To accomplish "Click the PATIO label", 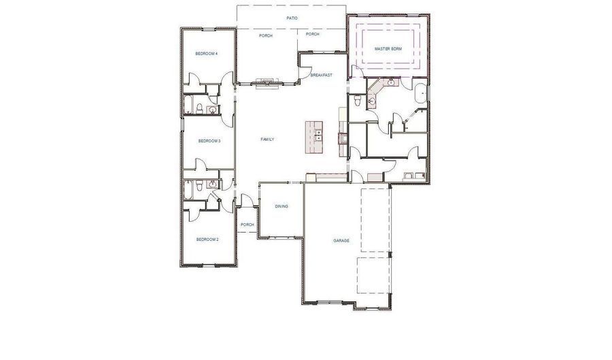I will [x=292, y=18].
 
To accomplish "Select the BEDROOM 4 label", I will [x=207, y=54].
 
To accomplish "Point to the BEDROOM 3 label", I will [x=209, y=141].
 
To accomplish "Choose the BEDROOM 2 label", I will [x=207, y=240].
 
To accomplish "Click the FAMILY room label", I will [x=267, y=140].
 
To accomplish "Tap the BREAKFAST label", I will [x=322, y=75].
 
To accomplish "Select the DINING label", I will [x=282, y=206].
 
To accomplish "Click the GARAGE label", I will [x=341, y=241].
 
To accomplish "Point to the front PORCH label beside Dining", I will [x=248, y=225].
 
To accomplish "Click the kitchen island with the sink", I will [x=314, y=132].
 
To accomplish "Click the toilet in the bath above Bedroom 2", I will [x=196, y=184].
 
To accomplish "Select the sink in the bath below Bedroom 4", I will [x=213, y=108].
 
